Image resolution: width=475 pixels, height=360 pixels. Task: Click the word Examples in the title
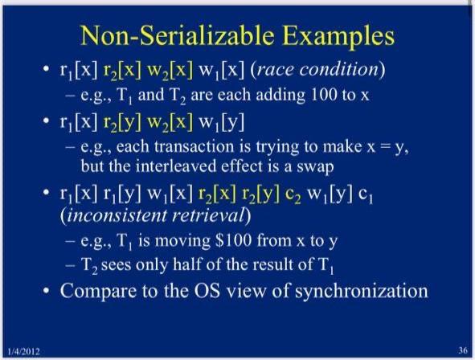(x=339, y=36)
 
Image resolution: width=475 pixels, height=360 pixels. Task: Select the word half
(x=186, y=264)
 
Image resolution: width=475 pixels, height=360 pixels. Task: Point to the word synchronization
(x=362, y=291)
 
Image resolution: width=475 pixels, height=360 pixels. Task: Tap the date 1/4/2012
(x=23, y=351)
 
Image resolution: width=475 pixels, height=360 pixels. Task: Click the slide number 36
(x=463, y=350)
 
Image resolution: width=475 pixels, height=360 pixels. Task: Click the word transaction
(x=194, y=146)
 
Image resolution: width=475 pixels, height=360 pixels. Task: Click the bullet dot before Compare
(x=46, y=291)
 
